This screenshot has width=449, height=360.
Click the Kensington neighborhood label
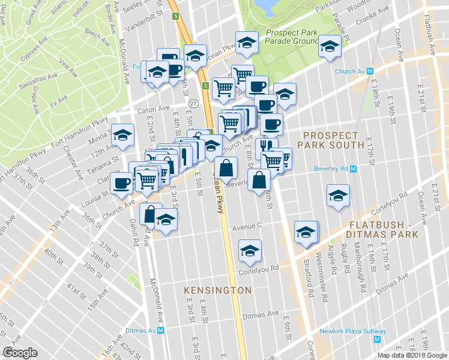[217, 290]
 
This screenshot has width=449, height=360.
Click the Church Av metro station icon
[370, 71]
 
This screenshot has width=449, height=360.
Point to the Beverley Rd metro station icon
[353, 169]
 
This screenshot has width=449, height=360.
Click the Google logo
[20, 353]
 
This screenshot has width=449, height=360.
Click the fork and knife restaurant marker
[265, 146]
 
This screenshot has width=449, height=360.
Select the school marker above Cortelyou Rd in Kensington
[249, 251]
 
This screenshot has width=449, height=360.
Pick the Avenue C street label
[248, 227]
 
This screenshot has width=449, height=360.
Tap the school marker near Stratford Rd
[306, 232]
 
